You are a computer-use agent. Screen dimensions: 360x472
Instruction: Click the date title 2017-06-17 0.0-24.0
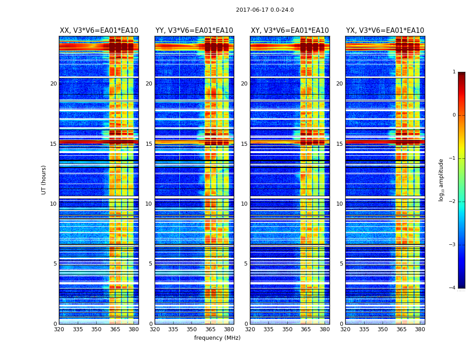coord(265,10)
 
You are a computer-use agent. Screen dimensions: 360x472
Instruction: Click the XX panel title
coord(99,31)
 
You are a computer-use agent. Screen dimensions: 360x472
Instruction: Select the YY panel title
coord(194,31)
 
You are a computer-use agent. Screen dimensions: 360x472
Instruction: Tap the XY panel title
coord(289,31)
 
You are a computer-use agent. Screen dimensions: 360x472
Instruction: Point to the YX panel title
coord(385,31)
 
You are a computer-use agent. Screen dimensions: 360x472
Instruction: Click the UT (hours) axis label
coord(44,180)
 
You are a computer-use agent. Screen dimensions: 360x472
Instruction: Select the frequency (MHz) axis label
coord(217,338)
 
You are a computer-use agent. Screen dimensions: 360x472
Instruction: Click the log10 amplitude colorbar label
coord(441,180)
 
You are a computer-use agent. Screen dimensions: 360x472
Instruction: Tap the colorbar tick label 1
coord(454,72)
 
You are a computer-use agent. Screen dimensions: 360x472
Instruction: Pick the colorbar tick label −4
coord(453,288)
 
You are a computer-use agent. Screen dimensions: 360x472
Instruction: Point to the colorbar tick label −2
coord(453,202)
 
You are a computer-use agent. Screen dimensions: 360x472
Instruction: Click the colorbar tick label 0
coord(454,115)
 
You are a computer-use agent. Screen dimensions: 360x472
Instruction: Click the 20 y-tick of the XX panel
coord(53,84)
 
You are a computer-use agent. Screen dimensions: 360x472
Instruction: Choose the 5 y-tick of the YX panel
coord(341,264)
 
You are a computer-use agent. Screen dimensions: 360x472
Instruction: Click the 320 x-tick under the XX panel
coord(59,329)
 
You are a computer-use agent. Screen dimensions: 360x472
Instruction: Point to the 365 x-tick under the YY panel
coord(210,329)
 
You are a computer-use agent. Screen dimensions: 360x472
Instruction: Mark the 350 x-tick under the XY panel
coord(287,329)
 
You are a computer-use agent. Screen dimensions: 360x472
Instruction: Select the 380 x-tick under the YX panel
coord(420,329)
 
